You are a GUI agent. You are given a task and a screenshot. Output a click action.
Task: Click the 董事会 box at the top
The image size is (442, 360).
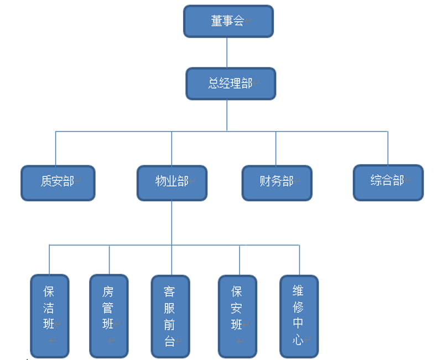(228, 22)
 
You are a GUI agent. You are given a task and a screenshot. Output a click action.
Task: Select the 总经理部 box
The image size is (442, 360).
(230, 84)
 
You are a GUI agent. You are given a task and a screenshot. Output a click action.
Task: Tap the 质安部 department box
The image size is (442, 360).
(58, 182)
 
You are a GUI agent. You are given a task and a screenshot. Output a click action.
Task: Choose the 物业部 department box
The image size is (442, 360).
(172, 182)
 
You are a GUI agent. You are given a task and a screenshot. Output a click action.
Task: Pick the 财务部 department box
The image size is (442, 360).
(277, 182)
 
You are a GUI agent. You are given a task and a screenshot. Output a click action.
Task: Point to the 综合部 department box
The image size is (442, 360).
(388, 182)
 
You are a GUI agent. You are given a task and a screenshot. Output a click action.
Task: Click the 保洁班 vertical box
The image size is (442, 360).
(49, 316)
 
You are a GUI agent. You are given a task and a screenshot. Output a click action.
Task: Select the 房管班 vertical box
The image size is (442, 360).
(108, 316)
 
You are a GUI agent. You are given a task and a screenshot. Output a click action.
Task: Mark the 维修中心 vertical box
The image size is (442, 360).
(299, 316)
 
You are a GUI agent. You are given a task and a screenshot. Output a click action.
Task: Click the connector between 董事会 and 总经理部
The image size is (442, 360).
(227, 53)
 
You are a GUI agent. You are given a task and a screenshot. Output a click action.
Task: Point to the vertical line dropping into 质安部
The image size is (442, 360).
(55, 148)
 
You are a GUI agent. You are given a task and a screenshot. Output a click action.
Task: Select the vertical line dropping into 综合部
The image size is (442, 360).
(388, 148)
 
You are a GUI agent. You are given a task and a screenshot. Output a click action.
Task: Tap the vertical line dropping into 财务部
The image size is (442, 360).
(276, 148)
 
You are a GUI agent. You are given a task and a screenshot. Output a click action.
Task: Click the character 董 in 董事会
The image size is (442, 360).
(216, 22)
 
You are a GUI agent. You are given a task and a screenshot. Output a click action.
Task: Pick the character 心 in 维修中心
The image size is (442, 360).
(298, 339)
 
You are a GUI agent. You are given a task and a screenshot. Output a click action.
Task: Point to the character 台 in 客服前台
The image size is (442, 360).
(169, 341)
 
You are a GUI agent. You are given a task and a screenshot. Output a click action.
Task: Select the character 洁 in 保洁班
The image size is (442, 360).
(49, 307)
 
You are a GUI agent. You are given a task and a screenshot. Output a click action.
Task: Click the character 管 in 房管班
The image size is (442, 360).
(108, 307)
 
